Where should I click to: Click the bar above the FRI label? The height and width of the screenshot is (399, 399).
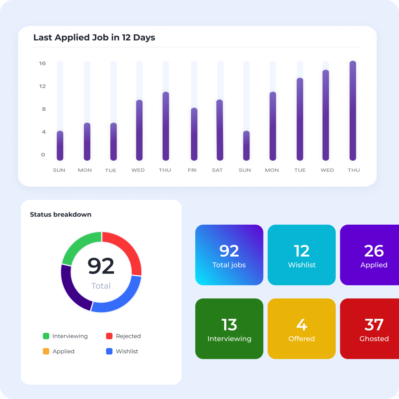[x=194, y=135]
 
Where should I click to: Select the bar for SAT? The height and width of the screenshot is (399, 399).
[x=220, y=130]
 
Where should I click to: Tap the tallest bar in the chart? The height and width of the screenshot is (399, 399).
[x=353, y=111]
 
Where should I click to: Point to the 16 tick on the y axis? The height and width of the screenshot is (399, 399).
[x=42, y=63]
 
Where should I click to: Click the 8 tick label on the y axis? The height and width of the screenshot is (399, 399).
[x=44, y=109]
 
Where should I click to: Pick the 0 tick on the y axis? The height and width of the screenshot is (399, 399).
[x=43, y=155]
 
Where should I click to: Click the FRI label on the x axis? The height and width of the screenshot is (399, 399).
[x=192, y=170]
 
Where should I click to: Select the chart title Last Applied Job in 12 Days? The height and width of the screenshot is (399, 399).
[x=94, y=38]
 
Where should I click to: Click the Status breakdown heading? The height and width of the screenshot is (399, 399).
[x=61, y=215]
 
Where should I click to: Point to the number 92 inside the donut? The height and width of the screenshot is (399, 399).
[x=101, y=266]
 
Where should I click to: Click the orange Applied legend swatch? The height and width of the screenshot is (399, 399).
[x=46, y=351]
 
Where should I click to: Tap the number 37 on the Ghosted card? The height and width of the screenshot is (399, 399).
[x=374, y=325]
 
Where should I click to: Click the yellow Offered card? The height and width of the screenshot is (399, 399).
[x=301, y=328]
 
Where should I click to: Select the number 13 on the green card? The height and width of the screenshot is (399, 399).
[x=229, y=325]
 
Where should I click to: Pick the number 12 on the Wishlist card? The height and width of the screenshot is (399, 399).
[x=301, y=251]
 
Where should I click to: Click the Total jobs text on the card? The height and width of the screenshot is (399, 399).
[x=229, y=265]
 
